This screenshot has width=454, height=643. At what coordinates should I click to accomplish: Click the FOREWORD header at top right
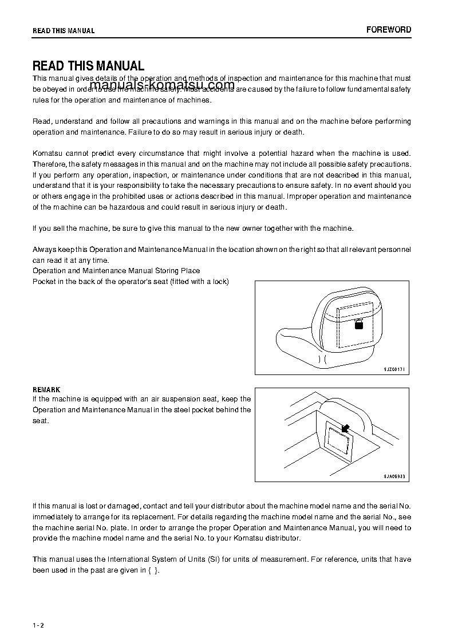pos(389,30)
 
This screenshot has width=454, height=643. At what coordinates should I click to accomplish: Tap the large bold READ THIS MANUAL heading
pos(89,66)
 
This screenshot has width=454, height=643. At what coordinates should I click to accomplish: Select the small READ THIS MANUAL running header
pos(64,31)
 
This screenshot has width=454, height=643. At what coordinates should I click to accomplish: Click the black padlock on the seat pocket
pos(359,324)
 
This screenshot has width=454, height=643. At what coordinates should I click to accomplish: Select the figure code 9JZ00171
pos(394,369)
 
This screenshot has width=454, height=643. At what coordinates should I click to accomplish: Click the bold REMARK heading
pos(46,389)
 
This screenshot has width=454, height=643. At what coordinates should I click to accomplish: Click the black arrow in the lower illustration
pos(345,428)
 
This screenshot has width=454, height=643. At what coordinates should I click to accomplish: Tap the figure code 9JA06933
pos(394,476)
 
